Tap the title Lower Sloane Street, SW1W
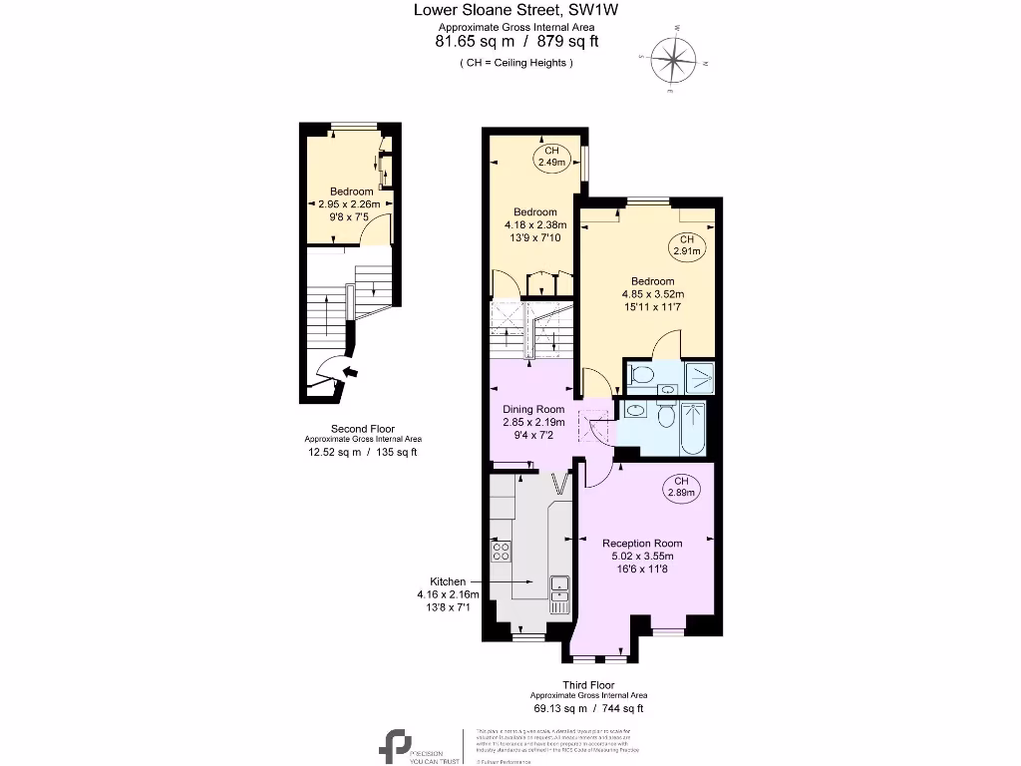click(516, 10)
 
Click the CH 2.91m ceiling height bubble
click(686, 245)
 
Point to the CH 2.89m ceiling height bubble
click(682, 487)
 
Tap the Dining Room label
click(532, 409)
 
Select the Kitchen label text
click(448, 580)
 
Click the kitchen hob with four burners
click(501, 550)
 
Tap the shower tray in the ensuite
click(700, 376)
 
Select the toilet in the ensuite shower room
click(643, 376)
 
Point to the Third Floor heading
click(588, 685)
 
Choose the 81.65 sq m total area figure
click(474, 42)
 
